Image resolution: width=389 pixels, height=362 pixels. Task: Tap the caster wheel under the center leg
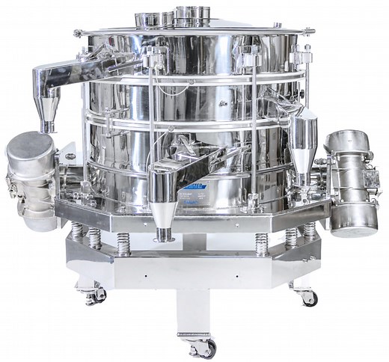point(201,346)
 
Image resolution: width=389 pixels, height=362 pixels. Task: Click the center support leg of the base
point(193,307)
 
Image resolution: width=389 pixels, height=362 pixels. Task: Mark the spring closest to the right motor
point(310,233)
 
